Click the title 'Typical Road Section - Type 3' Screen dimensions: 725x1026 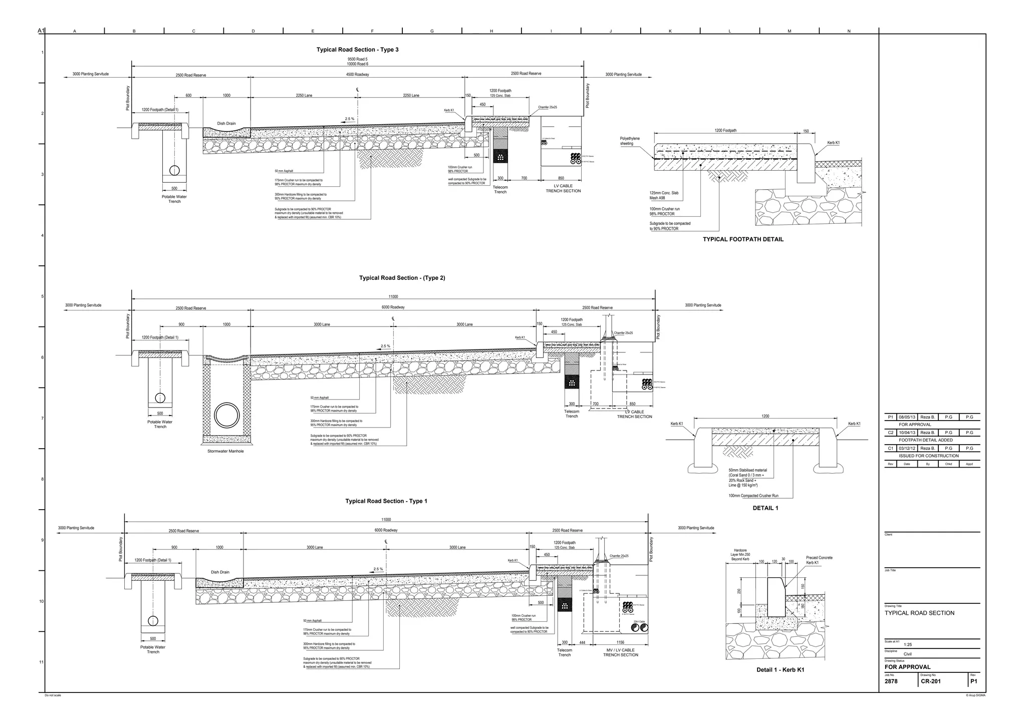click(357, 50)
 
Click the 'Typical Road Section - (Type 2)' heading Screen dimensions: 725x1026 click(402, 278)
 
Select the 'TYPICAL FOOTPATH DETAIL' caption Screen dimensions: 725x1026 click(743, 239)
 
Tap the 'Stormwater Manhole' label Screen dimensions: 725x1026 click(225, 451)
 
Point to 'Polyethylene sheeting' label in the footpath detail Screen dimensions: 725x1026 click(630, 141)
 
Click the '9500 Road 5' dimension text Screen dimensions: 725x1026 click(357, 59)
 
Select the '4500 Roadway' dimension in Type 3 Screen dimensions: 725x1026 click(357, 75)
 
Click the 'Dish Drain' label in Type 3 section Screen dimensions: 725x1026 click(226, 123)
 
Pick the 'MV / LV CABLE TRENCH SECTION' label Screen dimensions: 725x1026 click(620, 652)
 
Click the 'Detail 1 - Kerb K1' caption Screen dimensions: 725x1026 click(780, 670)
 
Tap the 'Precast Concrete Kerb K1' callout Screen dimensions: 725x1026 click(819, 560)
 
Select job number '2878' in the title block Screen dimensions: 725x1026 click(891, 681)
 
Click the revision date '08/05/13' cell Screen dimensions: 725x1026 click(907, 417)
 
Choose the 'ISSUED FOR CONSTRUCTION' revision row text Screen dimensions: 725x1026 click(928, 456)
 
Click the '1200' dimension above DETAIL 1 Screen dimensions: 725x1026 click(765, 416)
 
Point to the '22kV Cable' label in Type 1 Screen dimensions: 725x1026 click(639, 621)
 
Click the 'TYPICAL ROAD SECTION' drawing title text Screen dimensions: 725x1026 click(919, 613)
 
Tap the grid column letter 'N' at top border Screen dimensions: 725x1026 click(849, 32)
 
